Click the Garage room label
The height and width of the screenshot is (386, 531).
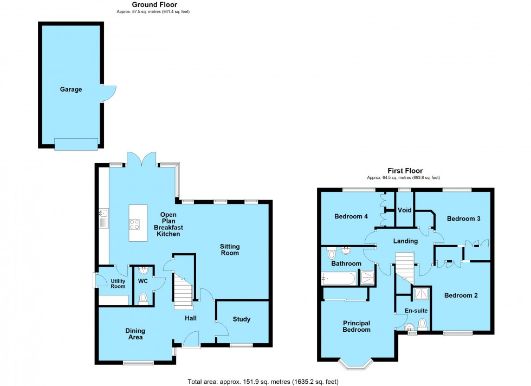tap(71, 89)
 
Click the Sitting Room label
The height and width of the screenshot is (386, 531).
tap(229, 250)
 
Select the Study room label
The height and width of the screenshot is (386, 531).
tap(242, 319)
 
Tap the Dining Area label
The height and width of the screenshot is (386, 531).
tap(135, 334)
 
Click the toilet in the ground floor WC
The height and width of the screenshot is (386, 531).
tap(144, 298)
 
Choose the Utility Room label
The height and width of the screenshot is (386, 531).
tap(118, 284)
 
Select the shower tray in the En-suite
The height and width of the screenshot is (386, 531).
tap(421, 294)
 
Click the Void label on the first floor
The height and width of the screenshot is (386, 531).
tap(404, 210)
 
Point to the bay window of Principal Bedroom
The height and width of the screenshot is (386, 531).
tap(356, 363)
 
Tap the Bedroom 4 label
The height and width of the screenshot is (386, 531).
tap(351, 217)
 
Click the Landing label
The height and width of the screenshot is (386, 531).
tap(405, 241)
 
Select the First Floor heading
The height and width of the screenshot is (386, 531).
tap(405, 171)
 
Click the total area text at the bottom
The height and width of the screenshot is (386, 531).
tap(263, 382)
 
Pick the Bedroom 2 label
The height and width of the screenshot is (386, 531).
tap(461, 295)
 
